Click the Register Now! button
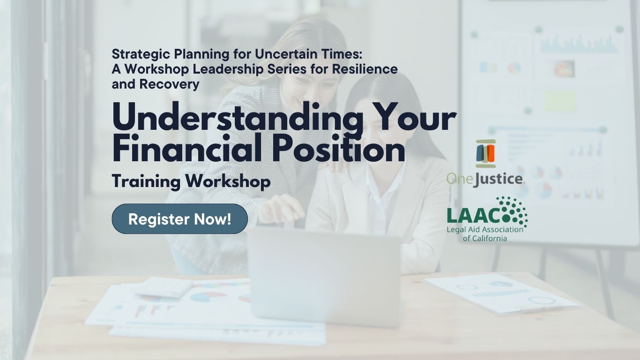(179, 219)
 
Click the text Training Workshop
(191, 181)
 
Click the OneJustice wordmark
(485, 179)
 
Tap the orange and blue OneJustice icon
(485, 154)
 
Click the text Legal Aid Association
(485, 230)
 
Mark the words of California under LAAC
(485, 238)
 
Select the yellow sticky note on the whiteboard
(560, 100)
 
